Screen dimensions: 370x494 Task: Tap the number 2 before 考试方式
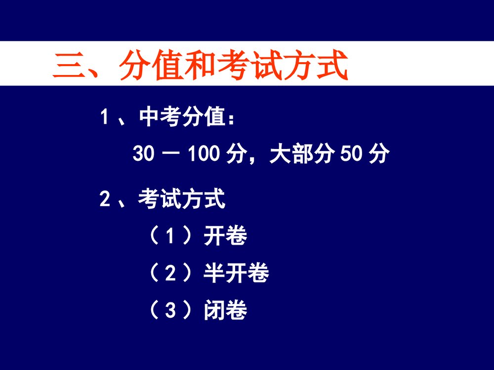pos(104,199)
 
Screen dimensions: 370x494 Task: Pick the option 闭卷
pos(225,311)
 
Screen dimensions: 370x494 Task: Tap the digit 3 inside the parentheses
pos(170,311)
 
